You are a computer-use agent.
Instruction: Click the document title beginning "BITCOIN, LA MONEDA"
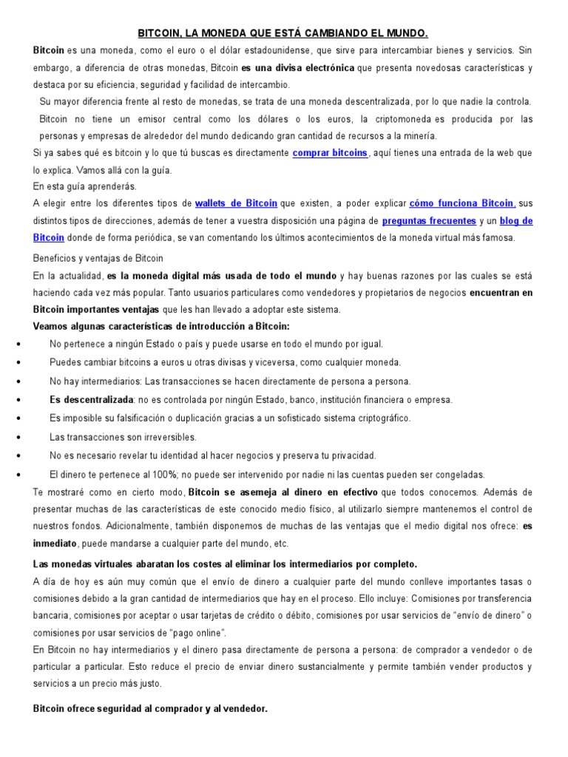tap(283, 33)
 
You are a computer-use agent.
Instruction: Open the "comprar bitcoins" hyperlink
tap(330, 153)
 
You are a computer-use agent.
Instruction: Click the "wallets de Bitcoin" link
tap(236, 203)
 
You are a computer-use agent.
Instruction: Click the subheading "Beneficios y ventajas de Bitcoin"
tap(98, 258)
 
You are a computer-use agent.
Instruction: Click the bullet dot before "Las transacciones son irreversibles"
tap(16, 438)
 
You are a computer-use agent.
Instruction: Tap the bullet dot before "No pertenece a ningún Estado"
tap(16, 344)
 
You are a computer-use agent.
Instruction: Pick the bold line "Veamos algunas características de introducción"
tap(161, 326)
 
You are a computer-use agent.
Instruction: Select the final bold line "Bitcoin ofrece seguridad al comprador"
tap(150, 708)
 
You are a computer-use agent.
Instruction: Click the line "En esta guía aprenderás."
tap(85, 186)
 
